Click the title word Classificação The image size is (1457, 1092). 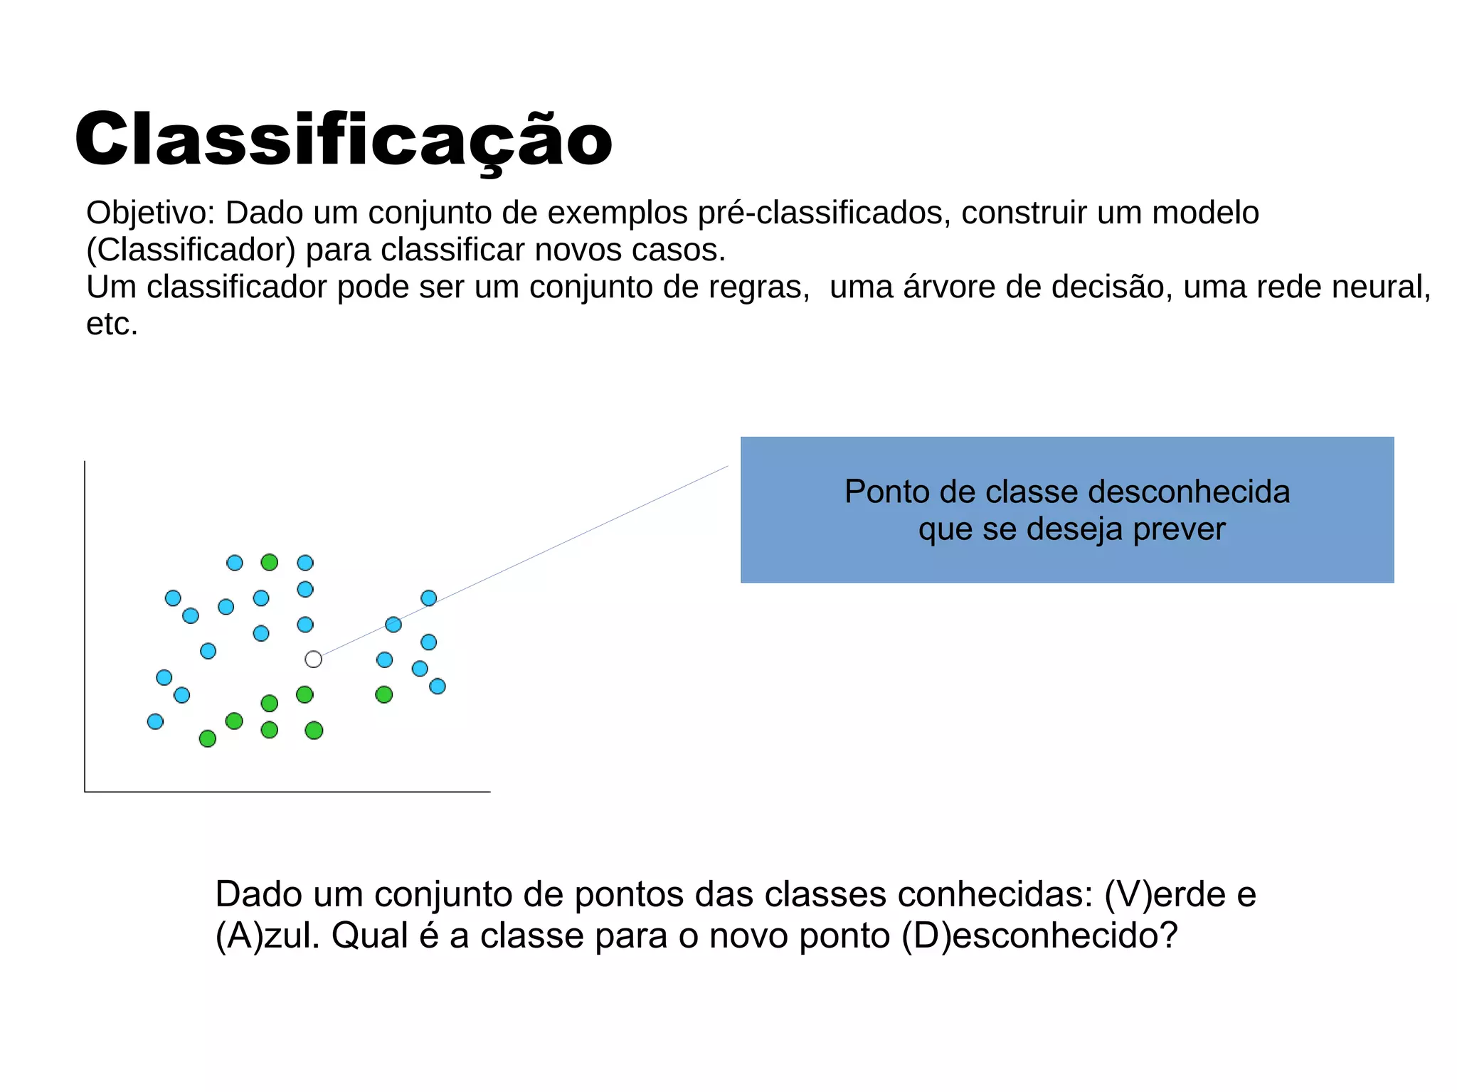(343, 140)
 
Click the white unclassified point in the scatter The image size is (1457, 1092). (313, 659)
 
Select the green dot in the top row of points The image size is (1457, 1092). (269, 563)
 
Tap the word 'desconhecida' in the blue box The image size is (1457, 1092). (1189, 492)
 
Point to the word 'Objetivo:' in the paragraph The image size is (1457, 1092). (150, 213)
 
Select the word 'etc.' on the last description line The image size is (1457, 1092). (112, 324)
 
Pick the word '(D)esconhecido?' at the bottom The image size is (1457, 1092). (1039, 935)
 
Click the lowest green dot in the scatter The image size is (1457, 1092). (208, 738)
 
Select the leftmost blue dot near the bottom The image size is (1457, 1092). (155, 721)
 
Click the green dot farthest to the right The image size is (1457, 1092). (384, 694)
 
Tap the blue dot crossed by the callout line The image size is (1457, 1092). (393, 625)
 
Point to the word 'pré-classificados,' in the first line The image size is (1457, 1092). (825, 213)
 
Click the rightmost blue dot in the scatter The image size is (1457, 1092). (438, 687)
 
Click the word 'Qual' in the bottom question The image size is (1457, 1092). (370, 935)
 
